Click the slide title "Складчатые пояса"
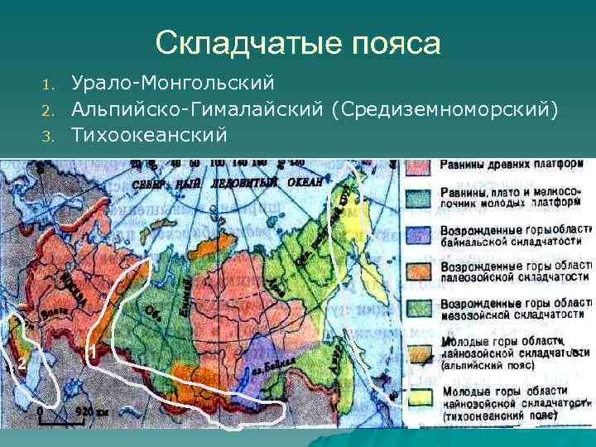pyautogui.click(x=298, y=42)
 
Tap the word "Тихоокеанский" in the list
pyautogui.click(x=148, y=133)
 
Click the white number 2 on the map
pyautogui.click(x=22, y=366)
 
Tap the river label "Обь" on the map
pyautogui.click(x=152, y=312)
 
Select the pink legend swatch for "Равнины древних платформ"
pyautogui.click(x=421, y=165)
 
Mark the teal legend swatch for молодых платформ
pyautogui.click(x=421, y=199)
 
